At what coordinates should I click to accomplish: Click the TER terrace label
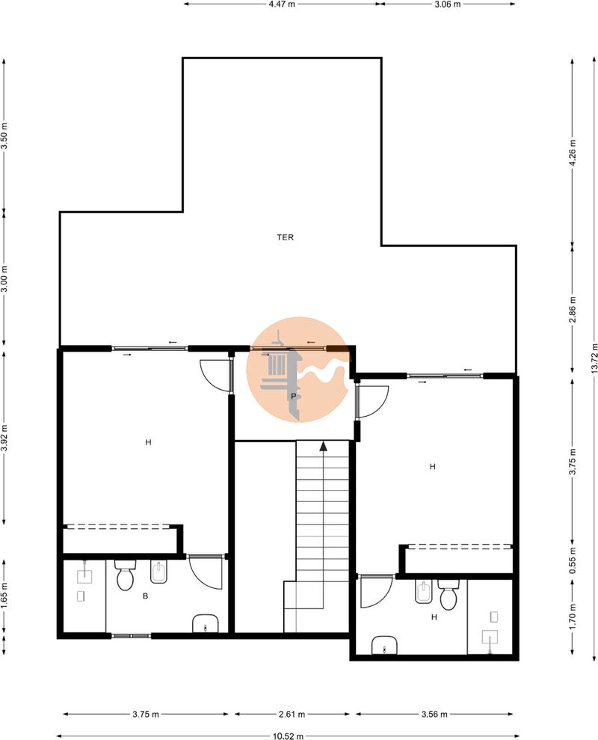tap(285, 237)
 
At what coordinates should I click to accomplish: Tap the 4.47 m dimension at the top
tap(282, 4)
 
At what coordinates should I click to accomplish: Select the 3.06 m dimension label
tap(447, 4)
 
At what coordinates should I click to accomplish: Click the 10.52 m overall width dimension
tap(288, 736)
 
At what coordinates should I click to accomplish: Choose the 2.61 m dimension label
tap(292, 714)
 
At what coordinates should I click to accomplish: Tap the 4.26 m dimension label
tap(573, 152)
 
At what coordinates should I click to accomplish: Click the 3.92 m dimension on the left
tap(4, 438)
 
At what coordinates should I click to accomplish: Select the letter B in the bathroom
tap(145, 596)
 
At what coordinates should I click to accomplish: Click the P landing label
tap(293, 397)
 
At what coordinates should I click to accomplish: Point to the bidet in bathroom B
tap(159, 572)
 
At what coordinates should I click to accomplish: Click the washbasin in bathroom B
tap(206, 623)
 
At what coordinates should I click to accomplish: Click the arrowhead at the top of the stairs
tap(323, 446)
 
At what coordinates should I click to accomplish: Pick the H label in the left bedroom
tap(148, 442)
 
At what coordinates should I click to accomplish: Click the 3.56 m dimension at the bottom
tap(434, 714)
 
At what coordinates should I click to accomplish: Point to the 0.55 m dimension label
tap(573, 560)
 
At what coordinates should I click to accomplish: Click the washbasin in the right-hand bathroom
tap(384, 645)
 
